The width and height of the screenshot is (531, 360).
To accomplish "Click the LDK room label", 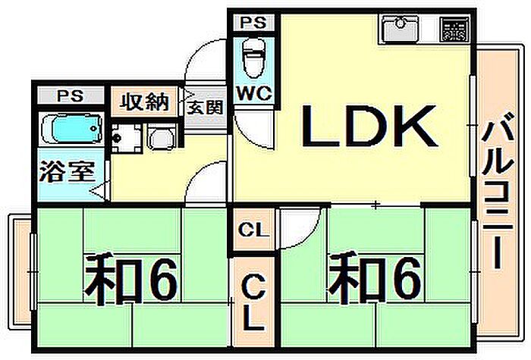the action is [369, 126].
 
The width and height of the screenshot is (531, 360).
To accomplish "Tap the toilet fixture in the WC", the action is [253, 58].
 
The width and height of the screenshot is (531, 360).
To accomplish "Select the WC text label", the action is [254, 93].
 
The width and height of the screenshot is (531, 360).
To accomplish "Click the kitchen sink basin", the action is [400, 29].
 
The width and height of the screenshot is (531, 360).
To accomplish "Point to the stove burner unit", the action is [454, 30].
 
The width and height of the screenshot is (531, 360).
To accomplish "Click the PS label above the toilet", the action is [253, 23].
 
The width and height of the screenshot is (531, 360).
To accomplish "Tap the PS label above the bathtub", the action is [70, 96].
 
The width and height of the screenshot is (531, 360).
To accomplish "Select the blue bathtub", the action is [71, 128].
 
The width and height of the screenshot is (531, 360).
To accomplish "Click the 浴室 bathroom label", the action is [67, 172].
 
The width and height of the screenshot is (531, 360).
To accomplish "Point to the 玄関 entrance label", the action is [206, 108].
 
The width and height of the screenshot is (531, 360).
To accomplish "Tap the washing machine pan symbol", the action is [162, 138].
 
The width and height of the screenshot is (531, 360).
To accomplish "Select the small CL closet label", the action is [253, 230].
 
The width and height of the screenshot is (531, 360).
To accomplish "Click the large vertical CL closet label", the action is [253, 303].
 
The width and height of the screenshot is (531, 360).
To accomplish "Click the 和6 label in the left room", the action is [131, 280].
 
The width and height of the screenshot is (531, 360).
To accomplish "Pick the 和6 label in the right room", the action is [375, 280].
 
